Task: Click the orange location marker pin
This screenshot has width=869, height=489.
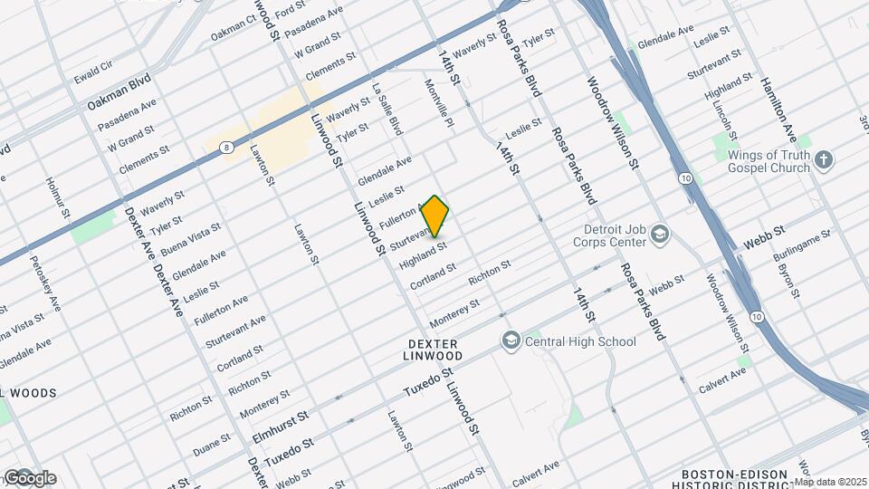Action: [x=435, y=216]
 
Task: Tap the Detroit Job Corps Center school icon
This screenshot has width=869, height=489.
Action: [x=660, y=235]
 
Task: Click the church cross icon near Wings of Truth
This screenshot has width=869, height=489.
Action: [x=823, y=160]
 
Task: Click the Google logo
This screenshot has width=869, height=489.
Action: [x=29, y=478]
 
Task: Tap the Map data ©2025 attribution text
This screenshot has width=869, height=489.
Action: [x=830, y=482]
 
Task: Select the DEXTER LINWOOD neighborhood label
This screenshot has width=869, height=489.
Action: [x=434, y=350]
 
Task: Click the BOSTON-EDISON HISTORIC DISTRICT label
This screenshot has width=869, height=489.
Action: [x=731, y=479]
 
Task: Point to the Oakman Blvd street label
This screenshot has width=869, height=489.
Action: [x=119, y=93]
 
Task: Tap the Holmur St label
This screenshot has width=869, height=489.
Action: [x=56, y=197]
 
